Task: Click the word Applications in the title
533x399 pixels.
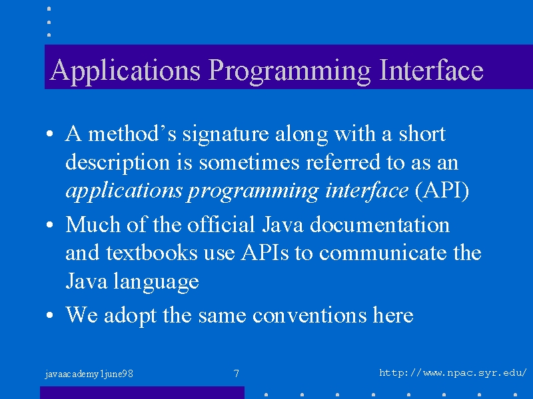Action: (x=125, y=70)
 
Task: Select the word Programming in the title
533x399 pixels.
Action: (x=289, y=71)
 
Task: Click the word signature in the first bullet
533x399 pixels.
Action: (x=226, y=135)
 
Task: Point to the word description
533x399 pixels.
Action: (x=118, y=163)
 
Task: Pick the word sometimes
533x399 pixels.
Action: (x=249, y=162)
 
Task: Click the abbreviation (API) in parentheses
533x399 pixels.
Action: (x=442, y=191)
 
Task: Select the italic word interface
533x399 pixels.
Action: (x=367, y=191)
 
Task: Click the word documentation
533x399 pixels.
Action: (x=380, y=224)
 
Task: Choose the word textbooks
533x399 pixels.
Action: (x=152, y=253)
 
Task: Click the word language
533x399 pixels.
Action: (x=156, y=282)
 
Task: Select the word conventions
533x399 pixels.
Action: (x=310, y=315)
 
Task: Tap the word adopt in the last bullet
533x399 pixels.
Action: (x=130, y=315)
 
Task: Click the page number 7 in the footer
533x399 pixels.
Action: (x=237, y=374)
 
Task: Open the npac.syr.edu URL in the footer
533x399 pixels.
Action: (x=453, y=373)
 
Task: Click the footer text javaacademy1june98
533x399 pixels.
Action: (x=89, y=374)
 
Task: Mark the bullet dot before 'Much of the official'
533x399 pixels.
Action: (x=49, y=225)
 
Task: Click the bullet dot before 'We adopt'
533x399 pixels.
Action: (x=49, y=315)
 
